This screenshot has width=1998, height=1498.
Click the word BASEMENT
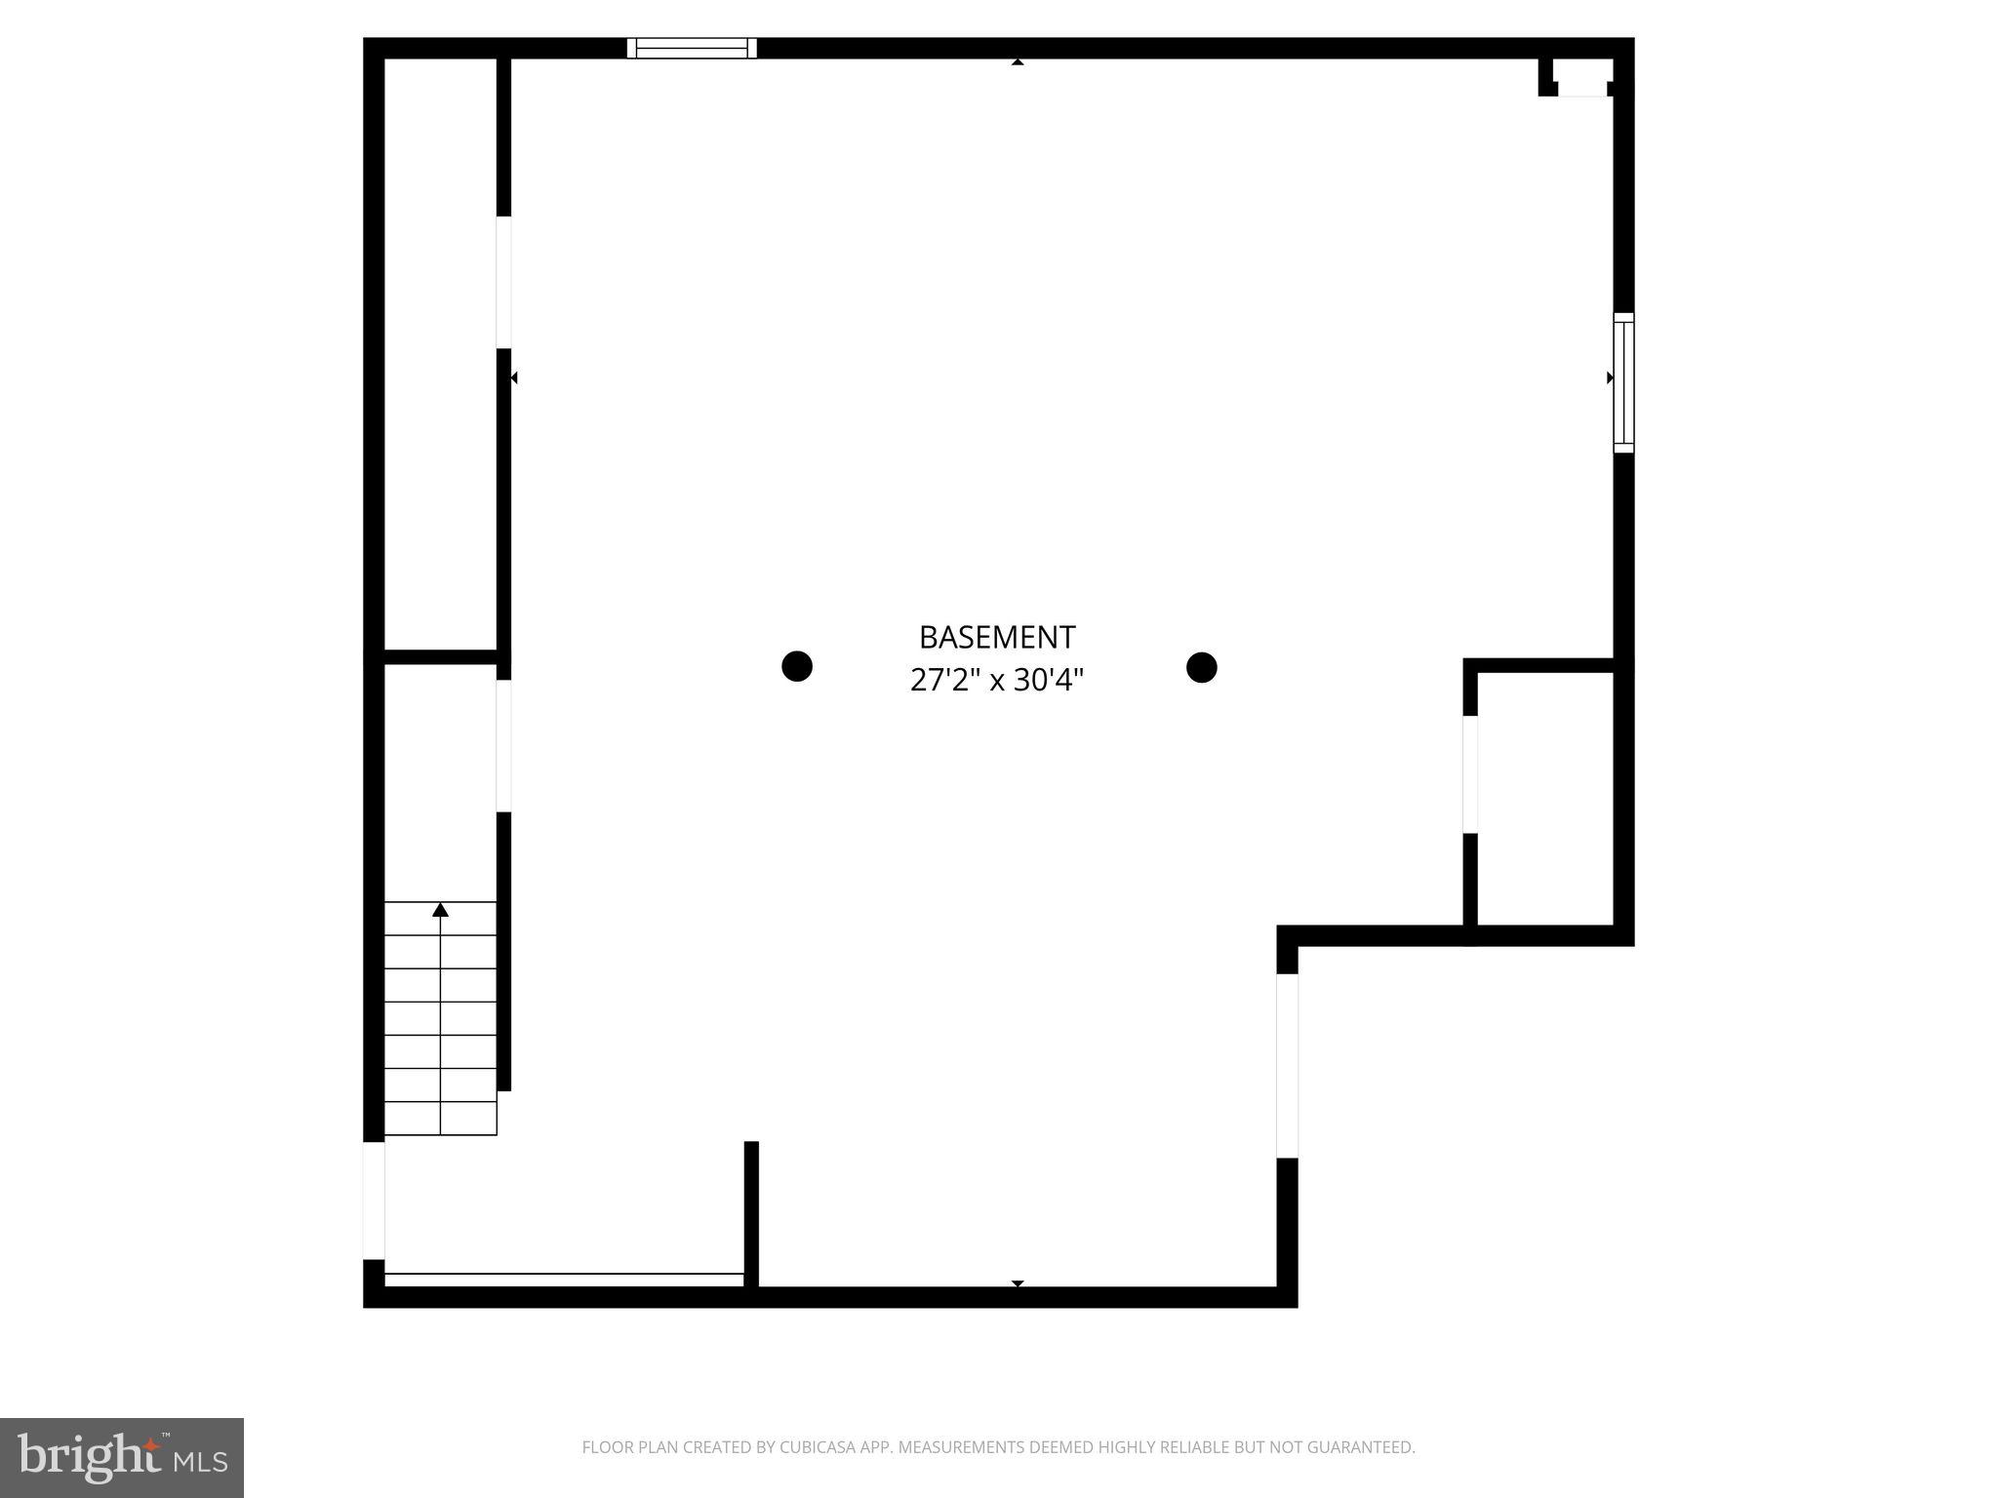[x=996, y=637]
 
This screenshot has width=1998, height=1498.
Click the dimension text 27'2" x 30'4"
[x=996, y=680]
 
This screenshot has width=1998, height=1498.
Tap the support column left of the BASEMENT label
[x=797, y=666]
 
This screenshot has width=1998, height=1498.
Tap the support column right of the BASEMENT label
[x=1201, y=667]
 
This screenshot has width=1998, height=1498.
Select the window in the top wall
[x=692, y=48]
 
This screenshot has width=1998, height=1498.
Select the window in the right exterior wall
[x=1623, y=382]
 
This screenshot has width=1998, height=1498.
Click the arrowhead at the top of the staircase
[x=440, y=910]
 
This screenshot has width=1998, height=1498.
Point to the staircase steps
[x=440, y=1019]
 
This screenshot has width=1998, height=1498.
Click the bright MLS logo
[x=121, y=1457]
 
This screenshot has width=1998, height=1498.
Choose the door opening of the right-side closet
[x=1470, y=774]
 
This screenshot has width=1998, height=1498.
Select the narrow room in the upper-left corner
[x=440, y=351]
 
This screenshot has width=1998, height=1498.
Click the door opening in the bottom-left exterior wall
[x=374, y=1200]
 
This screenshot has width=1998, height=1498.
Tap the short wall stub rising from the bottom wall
[x=751, y=1214]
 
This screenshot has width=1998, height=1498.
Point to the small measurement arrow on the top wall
[x=1018, y=62]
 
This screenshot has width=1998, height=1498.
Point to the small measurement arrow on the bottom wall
[x=1018, y=1283]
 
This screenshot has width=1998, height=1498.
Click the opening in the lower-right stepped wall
[x=1287, y=1065]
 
